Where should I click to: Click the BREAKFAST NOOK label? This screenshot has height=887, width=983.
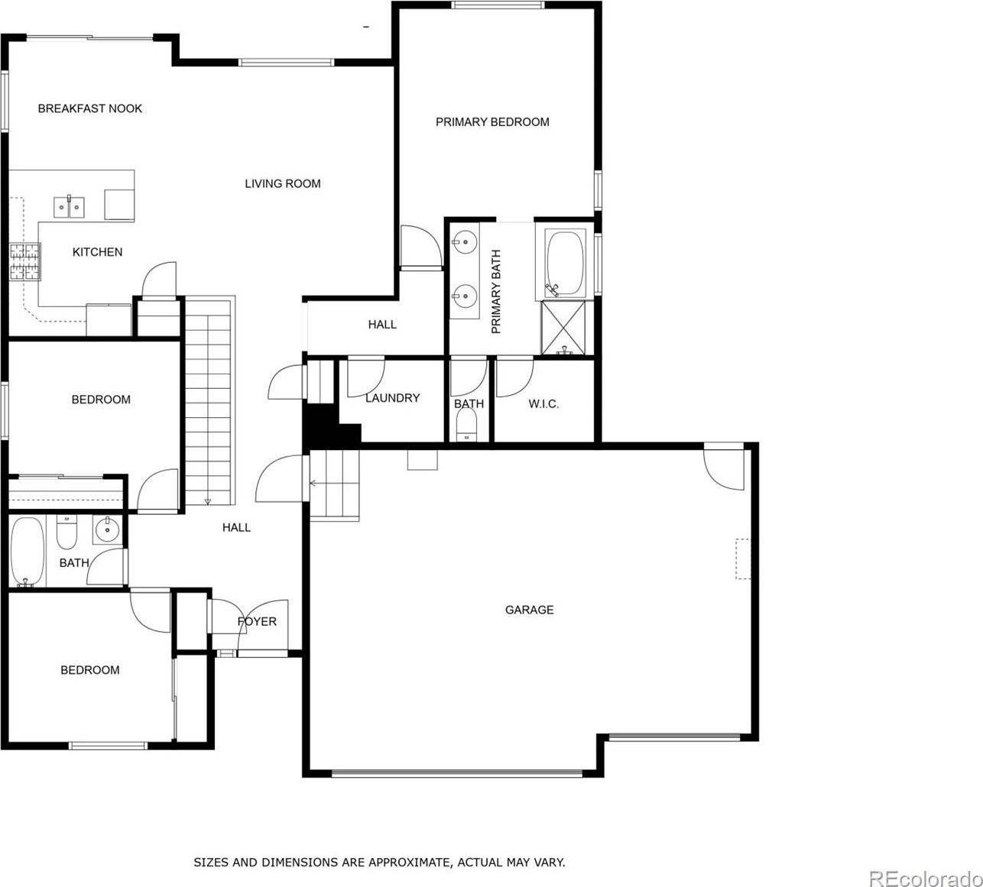(x=90, y=108)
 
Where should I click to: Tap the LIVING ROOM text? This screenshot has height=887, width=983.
(x=282, y=183)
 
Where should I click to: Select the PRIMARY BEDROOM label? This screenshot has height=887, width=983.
(x=492, y=121)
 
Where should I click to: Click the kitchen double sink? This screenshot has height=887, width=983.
(x=69, y=206)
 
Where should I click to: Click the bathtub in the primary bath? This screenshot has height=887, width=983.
(x=565, y=264)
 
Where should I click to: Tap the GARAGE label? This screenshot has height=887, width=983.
(x=529, y=610)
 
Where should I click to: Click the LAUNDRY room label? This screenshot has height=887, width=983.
(x=392, y=398)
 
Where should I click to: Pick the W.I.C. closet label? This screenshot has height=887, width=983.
(x=543, y=403)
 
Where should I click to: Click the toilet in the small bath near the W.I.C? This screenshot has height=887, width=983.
(x=466, y=425)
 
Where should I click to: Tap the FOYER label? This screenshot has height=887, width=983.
(x=257, y=621)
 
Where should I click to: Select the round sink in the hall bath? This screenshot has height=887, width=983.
(x=108, y=529)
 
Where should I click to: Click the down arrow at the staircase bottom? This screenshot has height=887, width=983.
(x=208, y=501)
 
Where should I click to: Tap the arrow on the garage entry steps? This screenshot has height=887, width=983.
(x=314, y=483)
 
